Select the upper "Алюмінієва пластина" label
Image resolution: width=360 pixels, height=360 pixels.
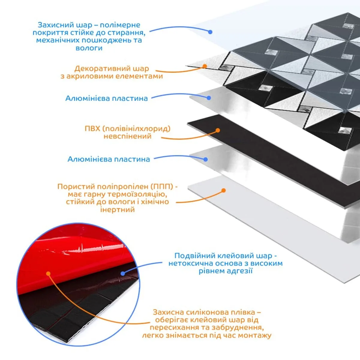click(x=106, y=98)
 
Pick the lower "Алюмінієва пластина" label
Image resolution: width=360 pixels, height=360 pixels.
click(x=109, y=159)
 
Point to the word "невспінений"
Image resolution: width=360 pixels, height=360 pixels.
click(x=127, y=136)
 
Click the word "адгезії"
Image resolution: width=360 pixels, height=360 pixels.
click(x=241, y=271)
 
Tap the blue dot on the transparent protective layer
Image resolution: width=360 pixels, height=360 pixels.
click(x=210, y=32)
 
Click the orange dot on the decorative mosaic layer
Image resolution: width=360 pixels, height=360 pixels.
click(x=205, y=66)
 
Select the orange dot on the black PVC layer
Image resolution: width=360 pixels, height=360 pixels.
click(x=218, y=130)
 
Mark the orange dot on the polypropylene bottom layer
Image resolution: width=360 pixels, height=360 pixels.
click(x=223, y=190)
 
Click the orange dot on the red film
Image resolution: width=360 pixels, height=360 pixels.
click(x=48, y=273)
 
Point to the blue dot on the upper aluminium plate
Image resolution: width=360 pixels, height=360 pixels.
click(x=209, y=97)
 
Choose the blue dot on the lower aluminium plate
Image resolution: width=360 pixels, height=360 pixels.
click(x=205, y=160)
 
